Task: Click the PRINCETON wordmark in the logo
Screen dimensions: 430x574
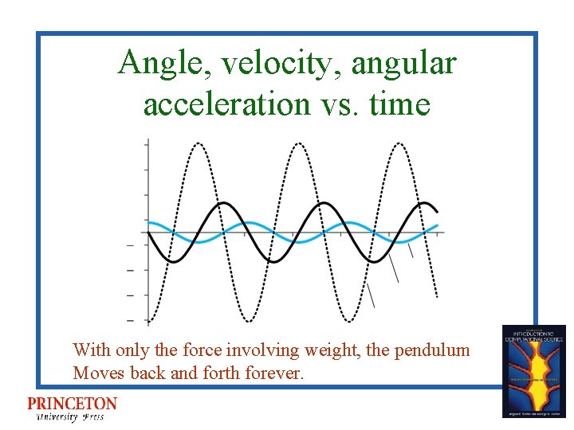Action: [x=72, y=405]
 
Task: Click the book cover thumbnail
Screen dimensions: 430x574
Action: [x=533, y=370]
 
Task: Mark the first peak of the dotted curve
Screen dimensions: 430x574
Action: [x=198, y=144]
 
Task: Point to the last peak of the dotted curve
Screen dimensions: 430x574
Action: [x=399, y=144]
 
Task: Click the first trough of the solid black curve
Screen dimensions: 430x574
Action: [x=171, y=260]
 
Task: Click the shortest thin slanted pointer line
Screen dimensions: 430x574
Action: [x=410, y=250]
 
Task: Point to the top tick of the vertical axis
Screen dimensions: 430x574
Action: [x=146, y=144]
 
